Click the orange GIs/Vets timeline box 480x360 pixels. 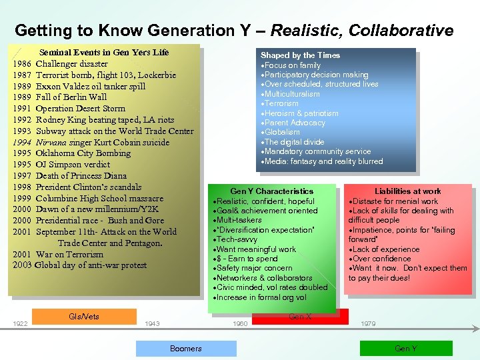(84, 316)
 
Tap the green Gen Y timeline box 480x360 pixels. (406, 348)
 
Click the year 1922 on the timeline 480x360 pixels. (20, 323)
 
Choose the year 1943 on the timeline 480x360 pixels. (152, 323)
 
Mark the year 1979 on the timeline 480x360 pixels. (368, 323)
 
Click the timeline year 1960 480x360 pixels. (241, 323)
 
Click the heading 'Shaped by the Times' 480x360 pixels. (300, 55)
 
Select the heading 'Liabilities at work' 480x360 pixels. (407, 191)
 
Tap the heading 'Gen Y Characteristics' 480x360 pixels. (271, 191)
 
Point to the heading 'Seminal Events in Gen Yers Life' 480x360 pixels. (104, 52)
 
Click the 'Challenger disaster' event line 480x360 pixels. (71, 64)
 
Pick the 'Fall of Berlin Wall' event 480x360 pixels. (71, 97)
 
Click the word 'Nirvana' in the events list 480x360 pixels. (52, 142)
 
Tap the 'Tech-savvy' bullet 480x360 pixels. (238, 239)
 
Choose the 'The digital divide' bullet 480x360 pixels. (294, 142)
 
